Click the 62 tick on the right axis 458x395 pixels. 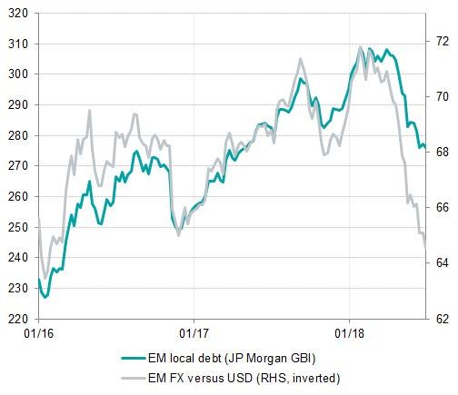(x=440, y=319)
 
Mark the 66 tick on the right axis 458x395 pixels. (x=440, y=208)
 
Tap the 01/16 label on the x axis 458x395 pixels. (x=38, y=333)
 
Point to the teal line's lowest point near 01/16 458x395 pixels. (x=45, y=296)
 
